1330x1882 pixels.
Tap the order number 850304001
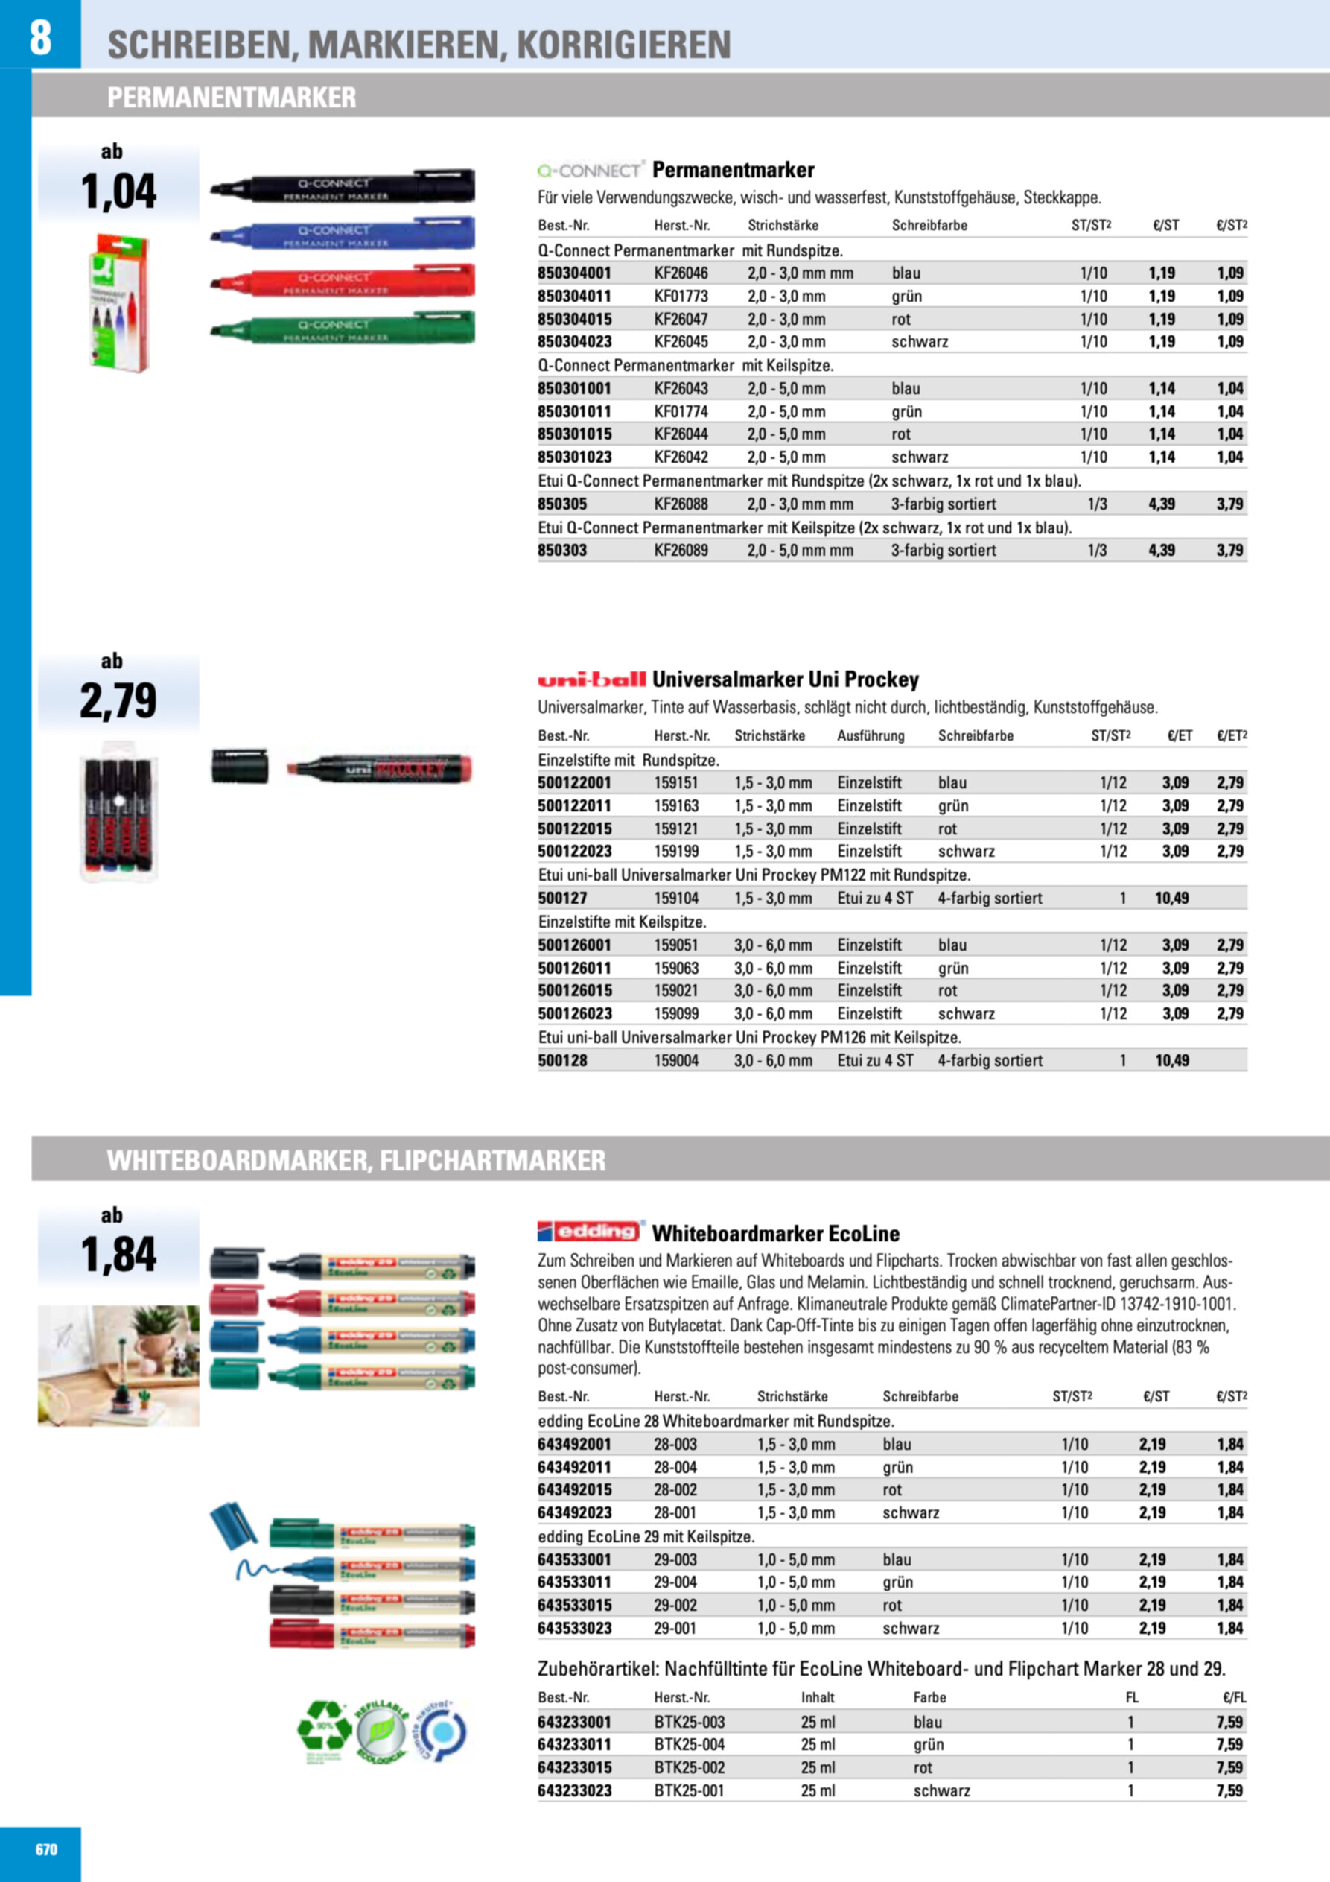(x=573, y=273)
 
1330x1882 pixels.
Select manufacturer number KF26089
(x=680, y=550)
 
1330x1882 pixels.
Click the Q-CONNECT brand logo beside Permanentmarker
(x=590, y=171)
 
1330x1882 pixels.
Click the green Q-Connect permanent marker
(x=342, y=328)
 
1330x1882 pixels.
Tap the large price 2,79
(x=118, y=701)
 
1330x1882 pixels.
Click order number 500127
(x=562, y=899)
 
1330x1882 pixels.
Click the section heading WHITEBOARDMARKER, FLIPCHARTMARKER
(x=357, y=1161)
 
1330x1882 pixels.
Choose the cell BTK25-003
(x=689, y=1721)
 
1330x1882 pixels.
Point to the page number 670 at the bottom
(x=47, y=1849)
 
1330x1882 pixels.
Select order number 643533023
(x=573, y=1628)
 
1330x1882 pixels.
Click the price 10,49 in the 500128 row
(x=1171, y=1061)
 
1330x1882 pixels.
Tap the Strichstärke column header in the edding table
(x=792, y=1396)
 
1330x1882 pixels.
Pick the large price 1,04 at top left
(x=118, y=191)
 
